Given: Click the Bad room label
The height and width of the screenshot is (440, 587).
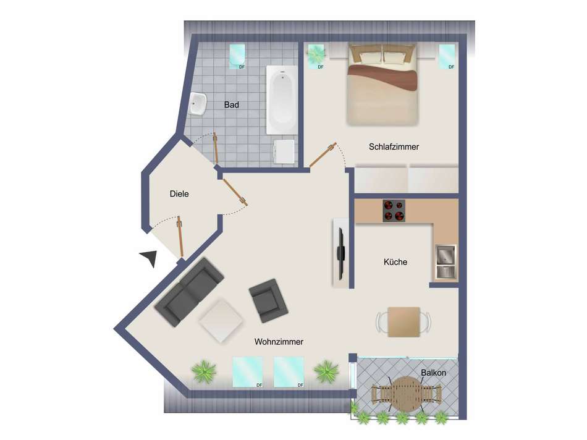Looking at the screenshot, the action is point(231,105).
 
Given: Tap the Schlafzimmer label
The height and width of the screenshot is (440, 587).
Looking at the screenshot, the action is point(394,147).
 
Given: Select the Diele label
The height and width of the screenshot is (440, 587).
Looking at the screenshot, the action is point(179,194).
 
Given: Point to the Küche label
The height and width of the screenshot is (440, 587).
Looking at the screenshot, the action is point(395,262).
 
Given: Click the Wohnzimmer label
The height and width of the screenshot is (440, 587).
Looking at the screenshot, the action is point(279,342).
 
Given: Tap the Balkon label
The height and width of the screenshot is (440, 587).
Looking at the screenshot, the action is point(434,373).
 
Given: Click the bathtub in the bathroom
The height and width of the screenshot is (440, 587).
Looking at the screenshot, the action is point(282,100).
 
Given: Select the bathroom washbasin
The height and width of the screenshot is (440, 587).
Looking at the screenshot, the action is point(198,104).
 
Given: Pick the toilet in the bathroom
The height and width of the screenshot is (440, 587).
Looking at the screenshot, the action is point(284,151).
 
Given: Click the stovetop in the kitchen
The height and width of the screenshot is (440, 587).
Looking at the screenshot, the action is point(394,211).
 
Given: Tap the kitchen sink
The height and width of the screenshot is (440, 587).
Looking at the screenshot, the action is point(446,262).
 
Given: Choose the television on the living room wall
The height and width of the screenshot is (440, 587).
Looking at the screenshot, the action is point(340,254).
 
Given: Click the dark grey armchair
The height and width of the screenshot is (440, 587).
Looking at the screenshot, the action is point(268,301).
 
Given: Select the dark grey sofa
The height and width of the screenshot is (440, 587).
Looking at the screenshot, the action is point(189,292).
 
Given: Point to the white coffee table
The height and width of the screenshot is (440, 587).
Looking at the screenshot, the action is point(221,320).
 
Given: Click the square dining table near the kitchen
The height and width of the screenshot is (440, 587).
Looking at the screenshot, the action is point(403,322).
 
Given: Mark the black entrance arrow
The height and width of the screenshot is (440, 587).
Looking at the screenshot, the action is point(150,258).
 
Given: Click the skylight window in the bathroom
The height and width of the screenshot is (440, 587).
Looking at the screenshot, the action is point(237,56).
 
